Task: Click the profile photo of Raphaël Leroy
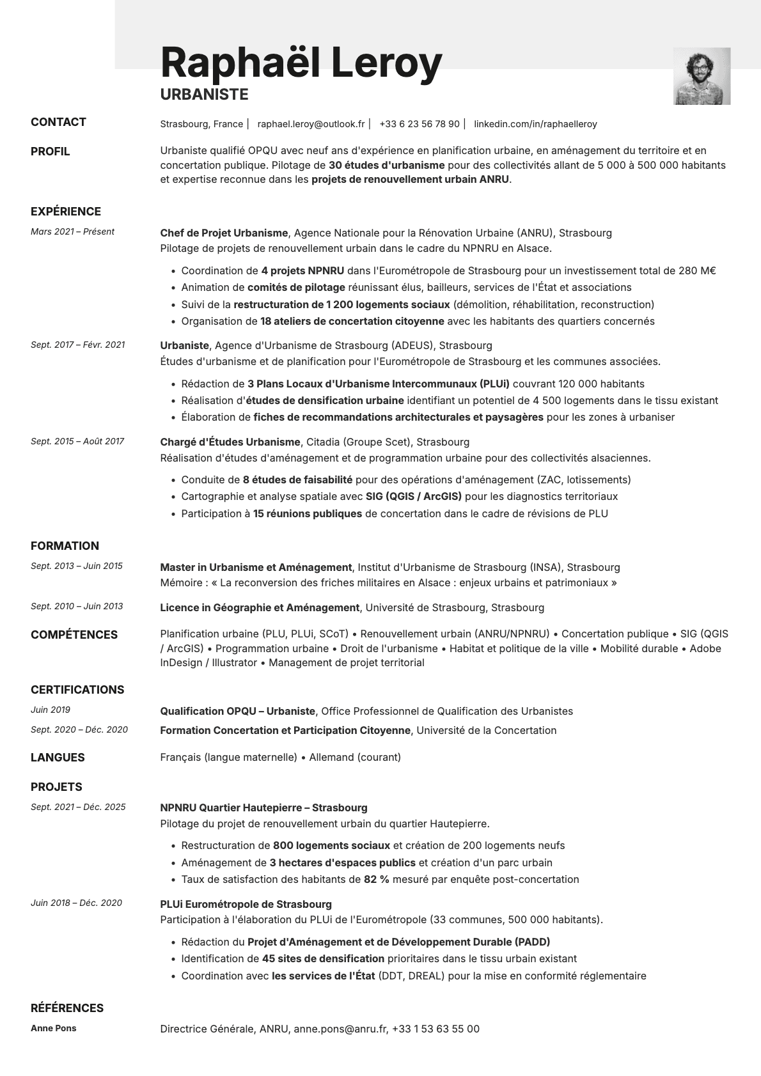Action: point(702,76)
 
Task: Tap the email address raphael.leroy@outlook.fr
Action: point(311,124)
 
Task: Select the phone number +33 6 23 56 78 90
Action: point(419,124)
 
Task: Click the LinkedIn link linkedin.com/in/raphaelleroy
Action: point(535,124)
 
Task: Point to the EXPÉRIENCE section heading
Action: point(66,212)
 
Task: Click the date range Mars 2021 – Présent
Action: point(72,232)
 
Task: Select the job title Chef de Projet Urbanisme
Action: point(224,233)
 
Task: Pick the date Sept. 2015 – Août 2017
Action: point(77,442)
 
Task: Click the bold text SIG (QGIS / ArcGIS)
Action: point(414,497)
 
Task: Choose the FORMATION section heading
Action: point(65,546)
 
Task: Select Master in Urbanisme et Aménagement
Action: point(256,568)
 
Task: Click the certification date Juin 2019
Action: point(51,710)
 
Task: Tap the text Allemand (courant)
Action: point(355,758)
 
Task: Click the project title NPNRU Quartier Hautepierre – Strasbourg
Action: point(263,808)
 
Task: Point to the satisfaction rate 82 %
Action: point(376,880)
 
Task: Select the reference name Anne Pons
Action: point(53,1029)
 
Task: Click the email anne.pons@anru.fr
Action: point(340,1029)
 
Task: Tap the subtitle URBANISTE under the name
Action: point(204,95)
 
